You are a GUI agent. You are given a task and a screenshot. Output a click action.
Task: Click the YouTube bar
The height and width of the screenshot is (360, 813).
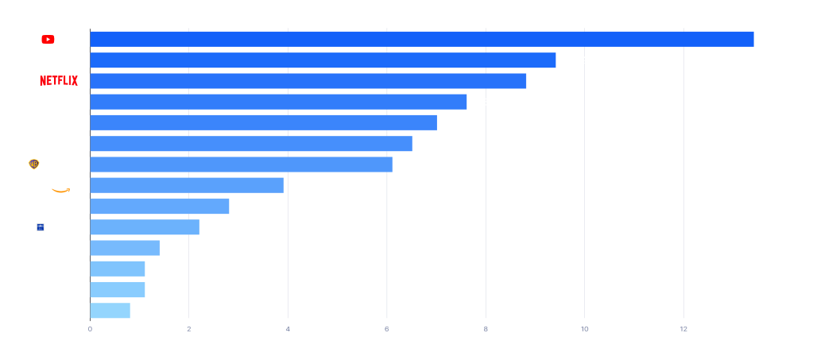coord(421,39)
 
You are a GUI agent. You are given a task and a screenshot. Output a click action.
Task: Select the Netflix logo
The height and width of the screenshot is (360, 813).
coord(59,81)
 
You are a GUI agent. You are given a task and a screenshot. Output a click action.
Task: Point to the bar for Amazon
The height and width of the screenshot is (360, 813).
coord(187,185)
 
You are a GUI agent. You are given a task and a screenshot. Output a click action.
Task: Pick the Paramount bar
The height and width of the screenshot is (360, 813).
coord(263,122)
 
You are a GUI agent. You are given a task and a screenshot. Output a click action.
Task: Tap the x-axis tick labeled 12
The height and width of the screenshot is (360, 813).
coord(683,329)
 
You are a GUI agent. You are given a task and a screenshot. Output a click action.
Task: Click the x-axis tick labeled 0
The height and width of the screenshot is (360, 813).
coord(90,329)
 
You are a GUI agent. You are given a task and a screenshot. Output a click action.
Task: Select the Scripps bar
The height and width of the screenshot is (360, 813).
coord(145,227)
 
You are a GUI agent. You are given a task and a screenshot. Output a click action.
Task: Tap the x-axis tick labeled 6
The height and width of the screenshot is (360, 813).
coord(386,329)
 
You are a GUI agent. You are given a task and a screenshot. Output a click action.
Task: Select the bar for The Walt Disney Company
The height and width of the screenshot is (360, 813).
coord(323,60)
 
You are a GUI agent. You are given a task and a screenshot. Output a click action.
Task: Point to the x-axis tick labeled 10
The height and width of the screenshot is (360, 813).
coord(584,329)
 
